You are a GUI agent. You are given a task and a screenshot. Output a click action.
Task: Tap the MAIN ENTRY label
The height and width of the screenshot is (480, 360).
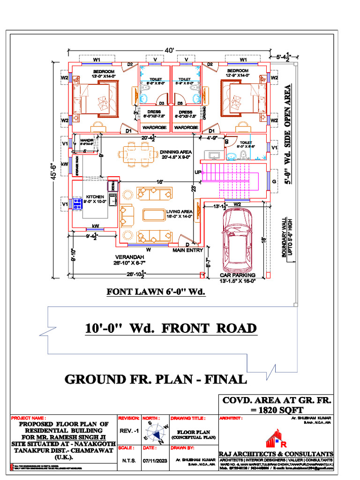(187, 250)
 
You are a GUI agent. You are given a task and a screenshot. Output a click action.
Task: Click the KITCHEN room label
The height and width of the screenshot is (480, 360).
(95, 197)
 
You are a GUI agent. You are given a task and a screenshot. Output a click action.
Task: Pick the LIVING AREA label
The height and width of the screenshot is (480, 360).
(180, 212)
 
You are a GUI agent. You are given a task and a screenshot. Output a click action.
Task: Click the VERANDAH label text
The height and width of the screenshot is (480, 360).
(129, 257)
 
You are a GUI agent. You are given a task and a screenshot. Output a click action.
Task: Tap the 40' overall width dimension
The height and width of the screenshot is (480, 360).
(169, 50)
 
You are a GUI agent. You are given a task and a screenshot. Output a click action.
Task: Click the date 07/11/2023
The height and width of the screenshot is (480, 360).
(155, 460)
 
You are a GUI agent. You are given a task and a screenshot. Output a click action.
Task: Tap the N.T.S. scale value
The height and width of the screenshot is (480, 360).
(129, 460)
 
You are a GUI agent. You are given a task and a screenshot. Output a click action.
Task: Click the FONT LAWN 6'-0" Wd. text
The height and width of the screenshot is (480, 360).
(157, 292)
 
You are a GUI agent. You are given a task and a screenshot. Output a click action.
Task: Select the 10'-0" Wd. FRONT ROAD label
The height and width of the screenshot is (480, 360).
(171, 328)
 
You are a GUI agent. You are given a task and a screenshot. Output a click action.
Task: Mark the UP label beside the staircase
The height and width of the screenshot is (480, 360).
(198, 172)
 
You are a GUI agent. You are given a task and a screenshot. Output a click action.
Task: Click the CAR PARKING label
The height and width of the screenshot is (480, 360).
(238, 275)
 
